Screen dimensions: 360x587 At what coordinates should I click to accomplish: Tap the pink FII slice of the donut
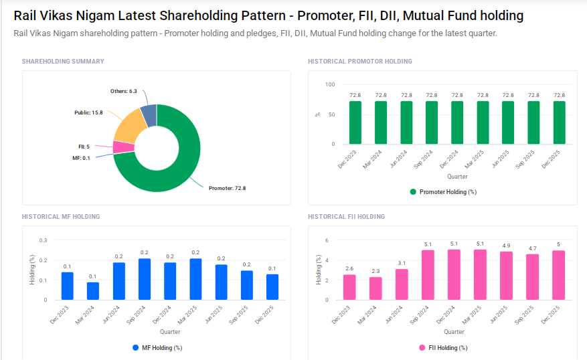click(122, 147)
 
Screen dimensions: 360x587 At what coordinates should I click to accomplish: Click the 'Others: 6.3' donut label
click(124, 91)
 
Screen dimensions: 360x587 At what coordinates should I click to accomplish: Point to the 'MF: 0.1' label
click(81, 158)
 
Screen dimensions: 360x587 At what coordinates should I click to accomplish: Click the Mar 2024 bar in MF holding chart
click(93, 291)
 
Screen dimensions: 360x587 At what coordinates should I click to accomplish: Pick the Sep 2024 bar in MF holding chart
click(145, 279)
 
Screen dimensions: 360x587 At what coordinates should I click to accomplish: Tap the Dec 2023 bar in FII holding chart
click(349, 287)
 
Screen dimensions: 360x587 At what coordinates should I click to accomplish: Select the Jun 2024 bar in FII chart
click(402, 284)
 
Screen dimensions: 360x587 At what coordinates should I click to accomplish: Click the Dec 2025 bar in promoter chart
click(560, 122)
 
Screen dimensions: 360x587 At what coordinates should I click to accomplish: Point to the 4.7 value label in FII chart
click(533, 248)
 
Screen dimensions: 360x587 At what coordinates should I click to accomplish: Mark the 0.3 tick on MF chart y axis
click(43, 240)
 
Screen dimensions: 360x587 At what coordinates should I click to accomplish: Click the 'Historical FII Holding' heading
click(346, 217)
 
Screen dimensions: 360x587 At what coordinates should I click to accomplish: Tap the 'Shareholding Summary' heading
click(63, 62)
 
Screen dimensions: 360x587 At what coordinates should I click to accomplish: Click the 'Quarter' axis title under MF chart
click(169, 332)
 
